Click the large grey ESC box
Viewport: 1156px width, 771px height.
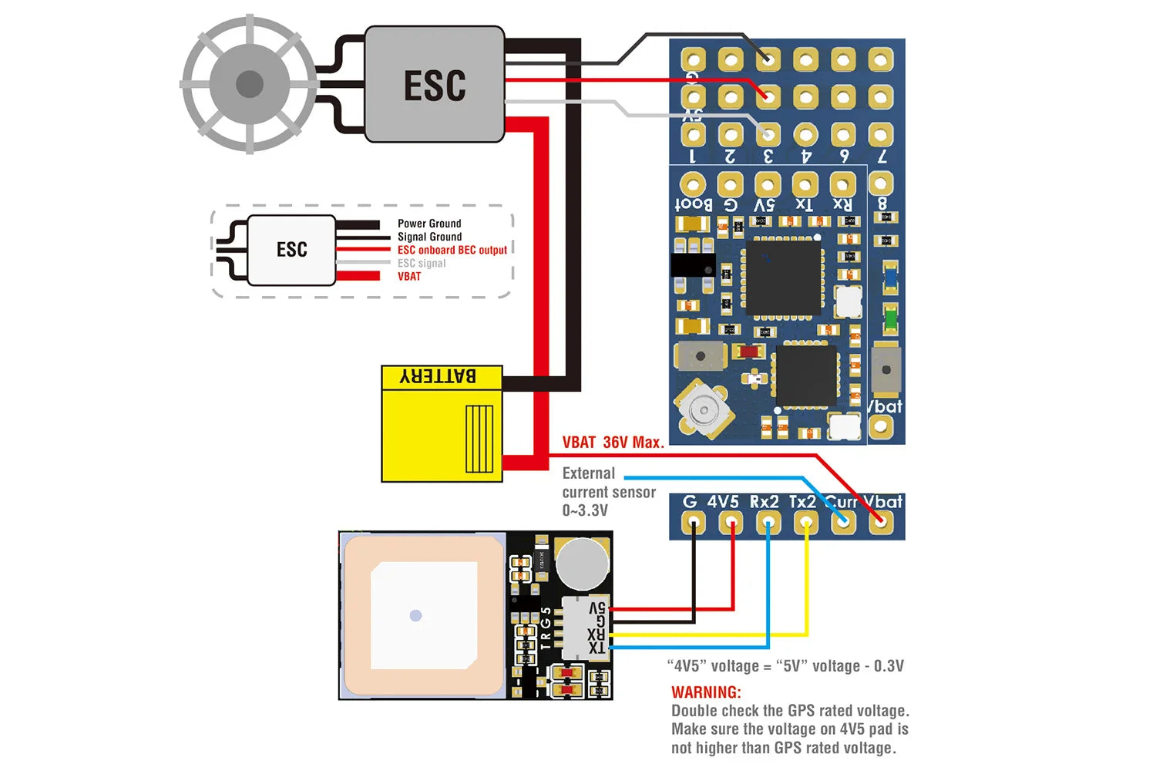(x=434, y=85)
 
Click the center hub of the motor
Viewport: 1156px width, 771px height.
(x=249, y=84)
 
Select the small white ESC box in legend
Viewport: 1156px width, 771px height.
(x=291, y=250)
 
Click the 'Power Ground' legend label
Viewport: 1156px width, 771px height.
(x=429, y=224)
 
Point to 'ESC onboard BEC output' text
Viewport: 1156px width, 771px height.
(x=452, y=250)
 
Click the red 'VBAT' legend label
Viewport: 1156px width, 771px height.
(x=409, y=276)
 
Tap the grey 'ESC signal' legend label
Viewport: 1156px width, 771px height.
(x=422, y=263)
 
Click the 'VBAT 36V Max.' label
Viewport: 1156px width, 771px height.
(x=613, y=443)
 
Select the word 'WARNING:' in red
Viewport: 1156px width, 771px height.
(x=706, y=692)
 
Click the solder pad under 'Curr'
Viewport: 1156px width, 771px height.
(x=843, y=523)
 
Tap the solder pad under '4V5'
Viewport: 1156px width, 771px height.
(x=731, y=523)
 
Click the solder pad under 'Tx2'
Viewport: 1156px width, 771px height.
(x=805, y=523)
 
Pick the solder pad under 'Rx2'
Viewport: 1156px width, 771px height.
(x=768, y=523)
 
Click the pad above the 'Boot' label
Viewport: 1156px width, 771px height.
(x=692, y=185)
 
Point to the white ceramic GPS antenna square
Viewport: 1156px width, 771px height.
(x=423, y=615)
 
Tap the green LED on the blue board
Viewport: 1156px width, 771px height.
(x=890, y=317)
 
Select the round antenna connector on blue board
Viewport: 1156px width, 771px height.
(x=701, y=409)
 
